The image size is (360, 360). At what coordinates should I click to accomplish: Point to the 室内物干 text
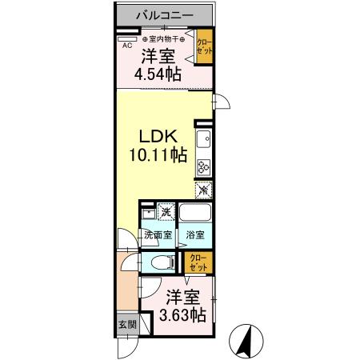[x=163, y=38]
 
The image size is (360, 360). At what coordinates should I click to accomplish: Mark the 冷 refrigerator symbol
[x=203, y=190]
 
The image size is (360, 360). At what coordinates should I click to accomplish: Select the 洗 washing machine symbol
[x=166, y=212]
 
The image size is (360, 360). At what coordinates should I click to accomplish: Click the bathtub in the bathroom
[x=195, y=214]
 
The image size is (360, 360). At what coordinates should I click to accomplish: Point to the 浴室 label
[x=195, y=236]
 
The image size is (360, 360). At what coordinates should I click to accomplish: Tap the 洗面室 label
[x=157, y=236]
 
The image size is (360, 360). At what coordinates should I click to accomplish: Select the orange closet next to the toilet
[x=197, y=262]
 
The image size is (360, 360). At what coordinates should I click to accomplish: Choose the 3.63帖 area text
[x=182, y=314]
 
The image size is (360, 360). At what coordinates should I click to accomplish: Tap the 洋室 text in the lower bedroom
[x=182, y=297]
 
